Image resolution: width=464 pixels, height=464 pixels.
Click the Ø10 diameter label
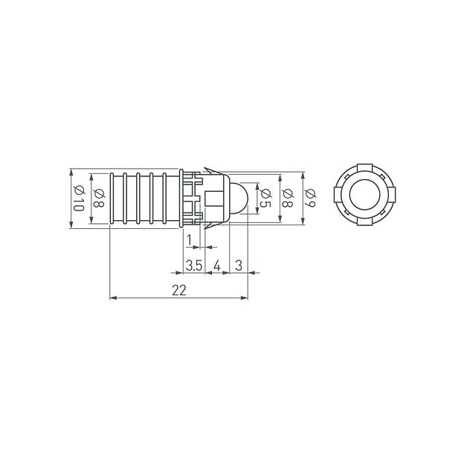[x=77, y=199]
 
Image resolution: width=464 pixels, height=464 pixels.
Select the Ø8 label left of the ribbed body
[x=98, y=199]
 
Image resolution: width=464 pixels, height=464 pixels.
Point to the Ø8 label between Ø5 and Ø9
[x=288, y=199]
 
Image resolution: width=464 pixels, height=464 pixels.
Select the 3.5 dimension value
[x=193, y=265]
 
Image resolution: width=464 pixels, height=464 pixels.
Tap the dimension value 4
[x=217, y=265]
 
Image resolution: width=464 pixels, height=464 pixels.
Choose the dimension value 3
[x=239, y=265]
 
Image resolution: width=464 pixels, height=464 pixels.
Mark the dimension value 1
[x=190, y=239]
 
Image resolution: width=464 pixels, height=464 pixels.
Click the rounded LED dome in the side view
[x=239, y=199]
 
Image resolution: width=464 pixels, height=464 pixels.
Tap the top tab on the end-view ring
[x=364, y=167]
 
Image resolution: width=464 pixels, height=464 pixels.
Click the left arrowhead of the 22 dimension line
[x=114, y=298]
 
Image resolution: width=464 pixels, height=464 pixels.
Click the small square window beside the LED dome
[x=215, y=199]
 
